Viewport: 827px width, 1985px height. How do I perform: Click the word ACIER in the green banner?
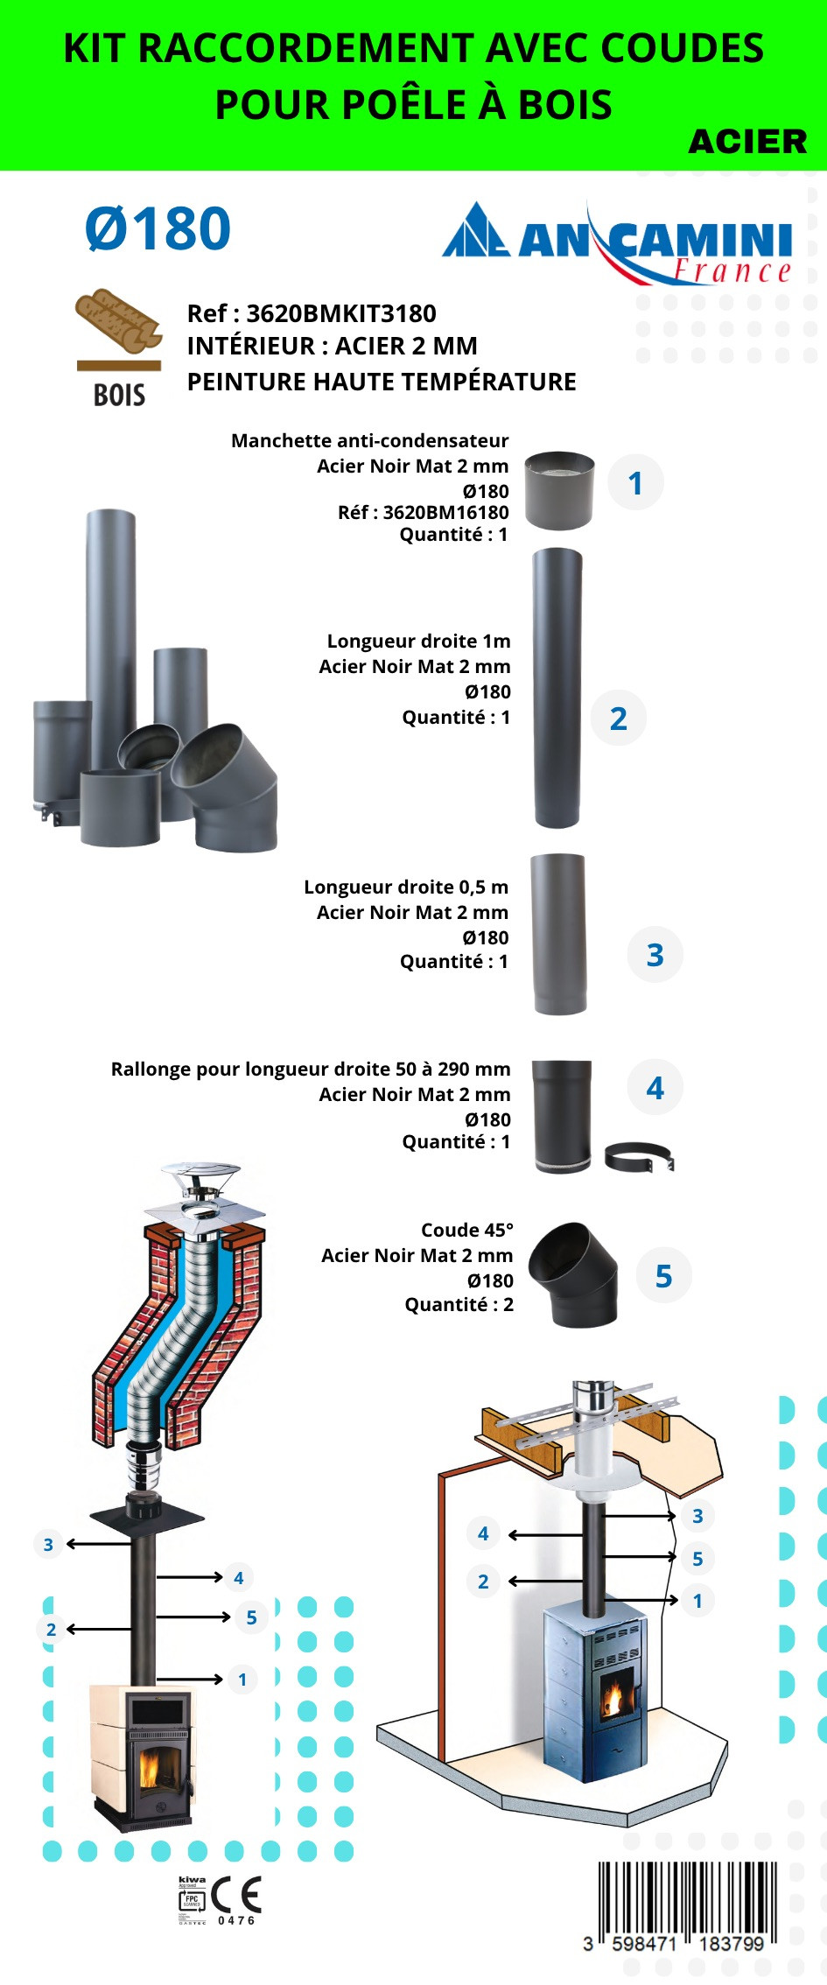[x=747, y=142]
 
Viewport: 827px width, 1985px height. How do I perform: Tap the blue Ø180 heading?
[x=158, y=229]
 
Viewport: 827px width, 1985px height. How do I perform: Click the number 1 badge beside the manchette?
[x=635, y=483]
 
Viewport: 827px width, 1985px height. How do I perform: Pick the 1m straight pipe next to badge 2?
[x=557, y=688]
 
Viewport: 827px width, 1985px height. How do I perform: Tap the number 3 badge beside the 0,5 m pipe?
[x=655, y=955]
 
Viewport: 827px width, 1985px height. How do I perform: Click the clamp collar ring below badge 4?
[x=640, y=1157]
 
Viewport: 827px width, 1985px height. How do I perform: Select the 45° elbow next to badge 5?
[x=574, y=1274]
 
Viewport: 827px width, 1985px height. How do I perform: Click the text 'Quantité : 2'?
[x=459, y=1305]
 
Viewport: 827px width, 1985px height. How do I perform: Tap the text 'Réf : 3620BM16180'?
[x=423, y=513]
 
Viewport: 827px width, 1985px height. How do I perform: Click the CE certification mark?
[x=236, y=1896]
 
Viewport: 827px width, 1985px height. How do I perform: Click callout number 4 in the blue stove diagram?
[x=483, y=1533]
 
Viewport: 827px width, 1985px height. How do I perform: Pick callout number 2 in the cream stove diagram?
[x=51, y=1630]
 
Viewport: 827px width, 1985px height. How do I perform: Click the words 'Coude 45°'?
[x=467, y=1231]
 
